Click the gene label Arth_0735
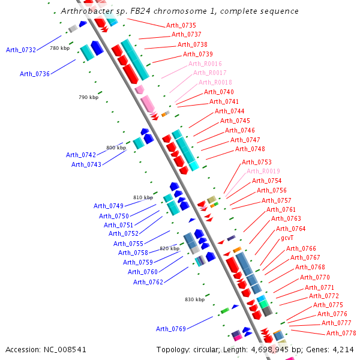pyautogui.click(x=181, y=25)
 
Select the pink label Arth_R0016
pyautogui.click(x=205, y=64)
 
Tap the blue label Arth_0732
pyautogui.click(x=21, y=50)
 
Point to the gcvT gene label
pyautogui.click(x=287, y=238)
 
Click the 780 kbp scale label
pyautogui.click(x=59, y=48)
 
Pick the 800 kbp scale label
pyautogui.click(x=116, y=148)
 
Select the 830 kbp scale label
pyautogui.click(x=194, y=299)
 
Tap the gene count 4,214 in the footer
pyautogui.click(x=341, y=349)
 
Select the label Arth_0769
pyautogui.click(x=171, y=329)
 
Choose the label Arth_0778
pyautogui.click(x=341, y=333)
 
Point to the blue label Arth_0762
pyautogui.click(x=148, y=281)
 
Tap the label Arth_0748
pyautogui.click(x=250, y=149)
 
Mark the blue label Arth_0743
pyautogui.click(x=86, y=164)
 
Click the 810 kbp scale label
pyautogui.click(x=143, y=197)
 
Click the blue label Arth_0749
pyautogui.click(x=109, y=206)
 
